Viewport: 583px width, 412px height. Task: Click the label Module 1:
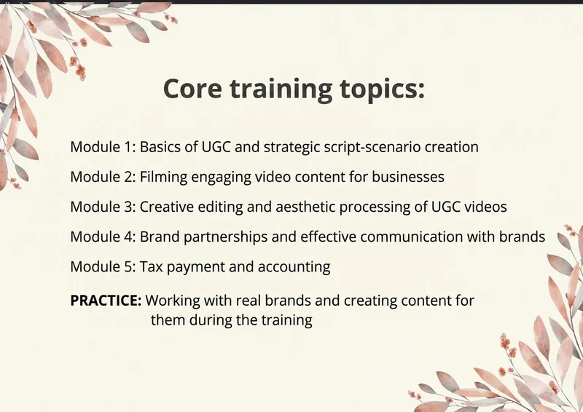pos(103,147)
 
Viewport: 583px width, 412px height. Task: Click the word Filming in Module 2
pos(163,178)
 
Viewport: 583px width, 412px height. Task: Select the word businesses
pos(408,177)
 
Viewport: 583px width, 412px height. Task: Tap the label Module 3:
pos(103,207)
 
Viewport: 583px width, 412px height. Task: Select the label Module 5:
pos(103,267)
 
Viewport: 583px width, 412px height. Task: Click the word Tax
pos(151,267)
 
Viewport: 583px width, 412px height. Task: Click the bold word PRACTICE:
pos(106,301)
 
